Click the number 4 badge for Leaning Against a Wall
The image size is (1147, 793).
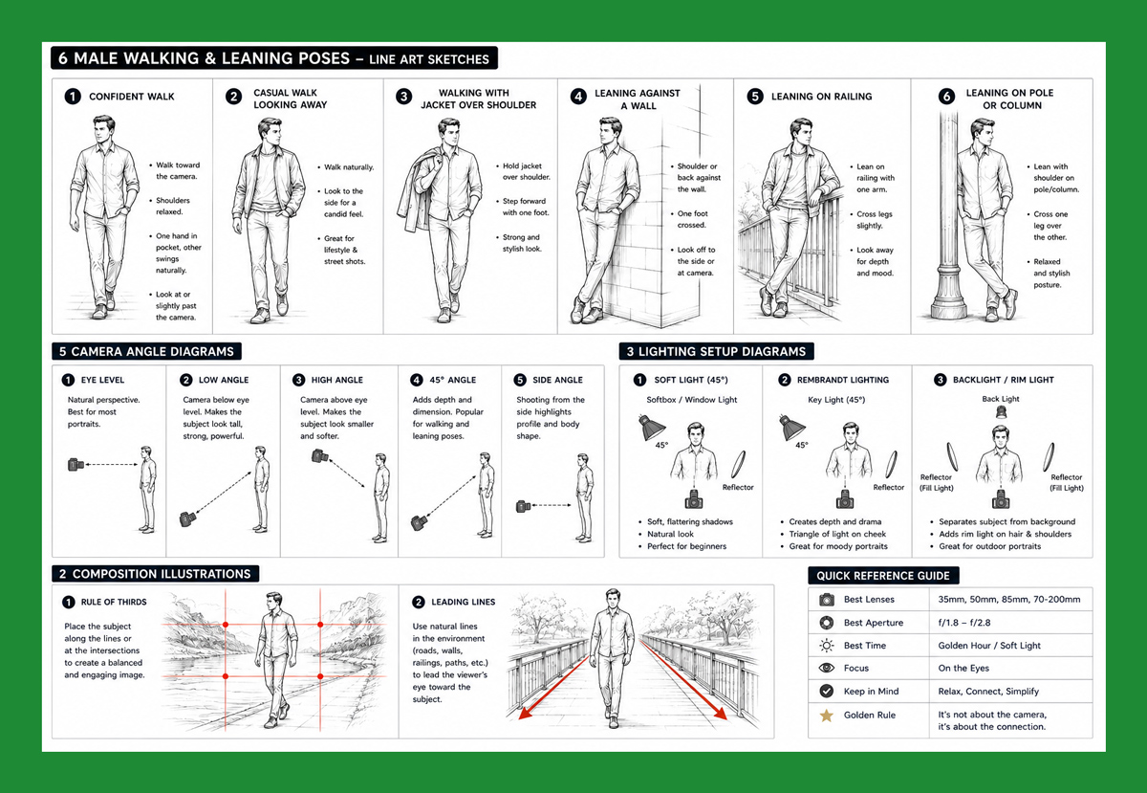(x=578, y=97)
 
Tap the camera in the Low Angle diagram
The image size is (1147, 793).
(x=187, y=518)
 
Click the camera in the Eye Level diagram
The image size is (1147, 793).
(x=76, y=465)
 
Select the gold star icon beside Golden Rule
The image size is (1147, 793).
(x=826, y=716)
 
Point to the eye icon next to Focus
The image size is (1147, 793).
(x=826, y=668)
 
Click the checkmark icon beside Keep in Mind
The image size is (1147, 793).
(x=826, y=691)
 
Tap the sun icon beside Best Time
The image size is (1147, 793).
(x=826, y=646)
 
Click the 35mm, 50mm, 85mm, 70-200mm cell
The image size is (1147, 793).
(x=1008, y=599)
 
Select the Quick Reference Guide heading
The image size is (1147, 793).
(x=883, y=576)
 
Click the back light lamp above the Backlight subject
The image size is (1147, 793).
(x=1001, y=411)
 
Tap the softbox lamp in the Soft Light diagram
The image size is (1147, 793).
(x=650, y=428)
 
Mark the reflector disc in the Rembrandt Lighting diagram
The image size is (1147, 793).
(x=892, y=464)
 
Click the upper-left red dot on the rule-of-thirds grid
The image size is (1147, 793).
(x=226, y=625)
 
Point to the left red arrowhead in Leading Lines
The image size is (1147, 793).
(x=524, y=713)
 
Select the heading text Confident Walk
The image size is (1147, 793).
(x=132, y=97)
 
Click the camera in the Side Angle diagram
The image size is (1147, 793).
(x=524, y=506)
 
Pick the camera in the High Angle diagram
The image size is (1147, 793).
(x=320, y=455)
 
